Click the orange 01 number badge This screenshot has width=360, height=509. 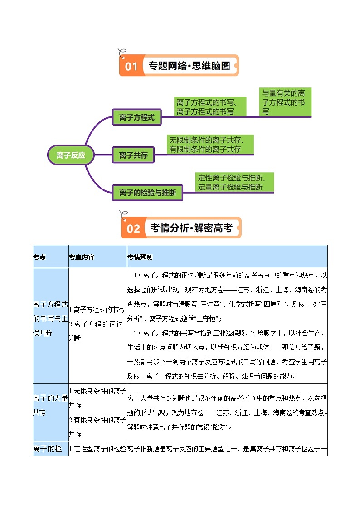pos(131,67)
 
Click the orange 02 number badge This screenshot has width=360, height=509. pos(133,228)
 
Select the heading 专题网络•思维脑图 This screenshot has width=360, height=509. pos(190,66)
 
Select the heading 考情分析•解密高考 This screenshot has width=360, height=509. pos(191,228)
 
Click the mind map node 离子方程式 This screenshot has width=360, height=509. pos(136,117)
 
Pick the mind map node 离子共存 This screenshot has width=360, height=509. pos(133,155)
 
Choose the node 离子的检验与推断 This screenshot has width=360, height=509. pos(147,193)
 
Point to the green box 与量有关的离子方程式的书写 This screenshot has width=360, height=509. pos(285,102)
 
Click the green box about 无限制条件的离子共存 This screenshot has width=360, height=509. pos(210,144)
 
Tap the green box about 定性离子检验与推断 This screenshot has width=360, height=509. pos(235,182)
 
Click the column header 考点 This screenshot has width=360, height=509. pos(39,257)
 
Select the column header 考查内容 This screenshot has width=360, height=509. pos(82,257)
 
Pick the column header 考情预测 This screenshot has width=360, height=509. pos(141,257)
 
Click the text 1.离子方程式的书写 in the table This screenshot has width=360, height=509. pos(97,310)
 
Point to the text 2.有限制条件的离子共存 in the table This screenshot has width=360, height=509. pos(97,427)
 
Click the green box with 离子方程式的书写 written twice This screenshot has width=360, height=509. pos(210,107)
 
